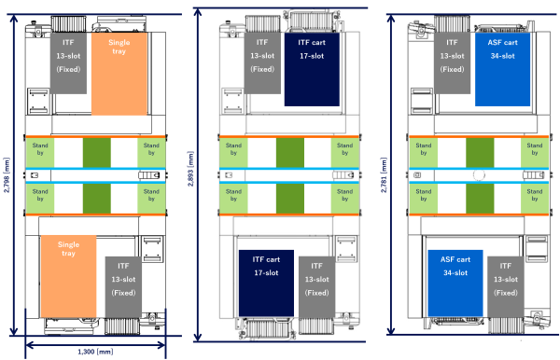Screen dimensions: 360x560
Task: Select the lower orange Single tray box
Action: click(68, 277)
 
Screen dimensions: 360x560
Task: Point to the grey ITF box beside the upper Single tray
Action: click(69, 55)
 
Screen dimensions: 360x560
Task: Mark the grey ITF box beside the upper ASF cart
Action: click(452, 56)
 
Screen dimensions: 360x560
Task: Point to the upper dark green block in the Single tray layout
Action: click(96, 152)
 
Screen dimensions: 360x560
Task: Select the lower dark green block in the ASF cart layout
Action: click(480, 197)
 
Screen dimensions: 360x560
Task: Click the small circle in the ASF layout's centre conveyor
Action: click(479, 174)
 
